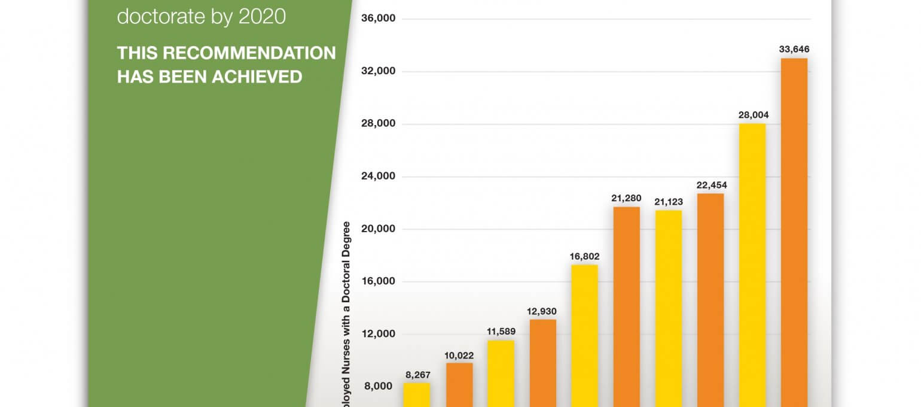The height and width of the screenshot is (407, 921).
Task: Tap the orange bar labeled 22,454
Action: point(710,300)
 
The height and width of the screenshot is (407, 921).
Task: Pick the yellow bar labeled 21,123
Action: point(668,308)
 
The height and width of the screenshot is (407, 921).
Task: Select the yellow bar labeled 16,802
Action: point(584,335)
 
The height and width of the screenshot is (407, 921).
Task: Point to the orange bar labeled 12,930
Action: point(542,363)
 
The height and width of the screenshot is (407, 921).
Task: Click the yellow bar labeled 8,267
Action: point(417,394)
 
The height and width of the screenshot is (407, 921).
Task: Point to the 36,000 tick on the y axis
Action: point(379,19)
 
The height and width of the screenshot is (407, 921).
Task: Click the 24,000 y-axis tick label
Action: point(379,177)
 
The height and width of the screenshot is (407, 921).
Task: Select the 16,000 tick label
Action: point(379,281)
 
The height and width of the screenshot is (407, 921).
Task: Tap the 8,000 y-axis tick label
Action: point(379,386)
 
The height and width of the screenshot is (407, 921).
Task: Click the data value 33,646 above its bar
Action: point(794,49)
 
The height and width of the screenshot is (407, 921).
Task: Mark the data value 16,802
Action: point(584,256)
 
